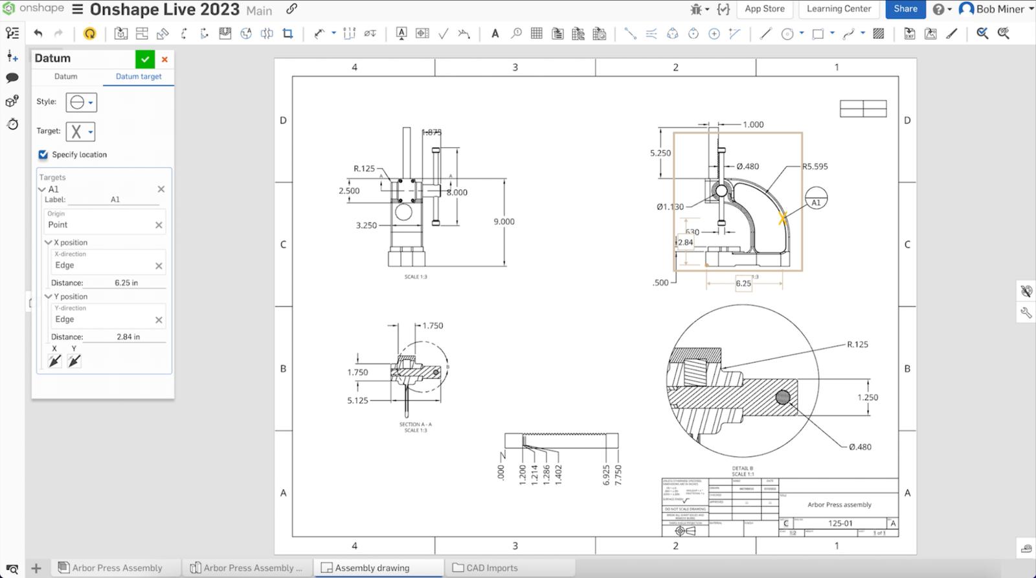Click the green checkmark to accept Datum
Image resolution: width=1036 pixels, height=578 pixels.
point(145,59)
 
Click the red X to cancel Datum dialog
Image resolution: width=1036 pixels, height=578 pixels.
point(164,59)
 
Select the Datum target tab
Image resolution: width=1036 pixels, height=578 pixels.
point(139,76)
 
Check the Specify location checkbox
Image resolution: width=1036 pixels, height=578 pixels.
point(43,155)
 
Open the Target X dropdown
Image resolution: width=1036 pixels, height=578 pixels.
point(80,132)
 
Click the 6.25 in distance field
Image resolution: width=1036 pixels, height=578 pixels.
point(126,283)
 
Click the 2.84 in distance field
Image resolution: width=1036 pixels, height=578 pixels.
point(128,337)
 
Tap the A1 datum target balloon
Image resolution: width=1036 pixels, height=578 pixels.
point(816,198)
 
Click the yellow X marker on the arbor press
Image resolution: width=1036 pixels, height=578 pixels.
point(782,219)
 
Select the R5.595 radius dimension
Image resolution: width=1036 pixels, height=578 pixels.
point(815,167)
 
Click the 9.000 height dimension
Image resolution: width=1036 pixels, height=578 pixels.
point(504,222)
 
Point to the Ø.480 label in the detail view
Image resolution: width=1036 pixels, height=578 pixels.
point(860,447)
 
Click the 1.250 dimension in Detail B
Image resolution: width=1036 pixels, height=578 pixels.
point(867,398)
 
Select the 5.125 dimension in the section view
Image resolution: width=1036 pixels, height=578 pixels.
point(357,400)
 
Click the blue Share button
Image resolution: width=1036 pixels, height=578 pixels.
point(905,9)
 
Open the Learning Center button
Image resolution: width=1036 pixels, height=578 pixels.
point(839,9)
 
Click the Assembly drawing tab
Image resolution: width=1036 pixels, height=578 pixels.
point(372,568)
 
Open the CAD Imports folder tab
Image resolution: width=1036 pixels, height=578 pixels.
point(491,568)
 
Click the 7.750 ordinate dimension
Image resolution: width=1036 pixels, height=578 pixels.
point(618,474)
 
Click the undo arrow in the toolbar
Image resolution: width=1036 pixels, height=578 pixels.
point(38,34)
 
